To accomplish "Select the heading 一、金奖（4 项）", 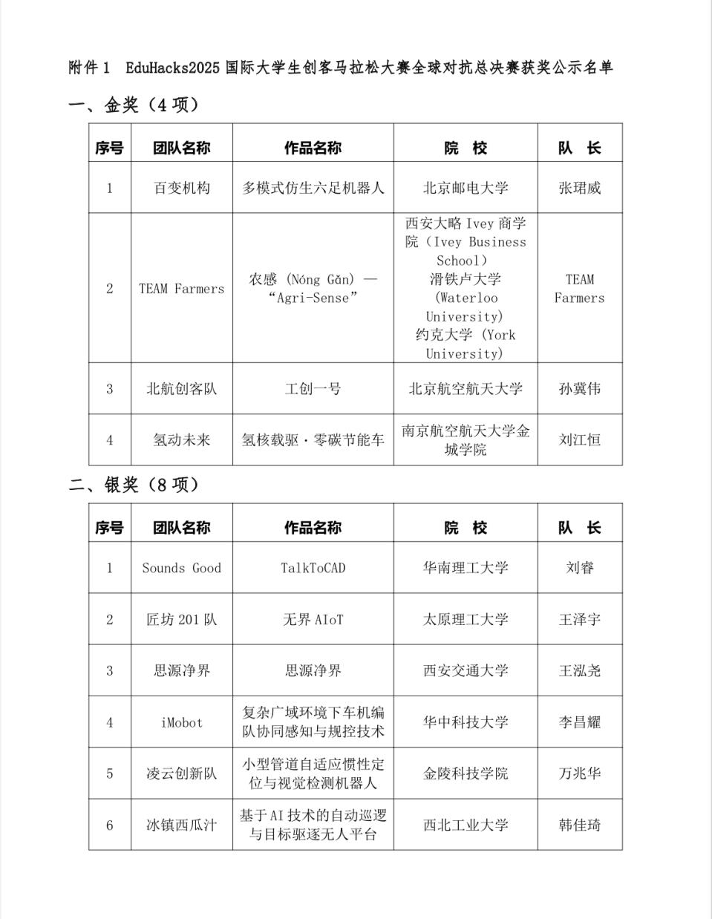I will click(x=134, y=105).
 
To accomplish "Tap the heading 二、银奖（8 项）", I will click(x=134, y=485).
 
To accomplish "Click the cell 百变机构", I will click(x=182, y=188).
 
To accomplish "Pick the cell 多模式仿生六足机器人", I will click(x=313, y=188).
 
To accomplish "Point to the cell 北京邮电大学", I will click(x=466, y=188).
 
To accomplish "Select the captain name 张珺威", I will click(x=579, y=188).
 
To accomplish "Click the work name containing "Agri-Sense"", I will click(x=313, y=298).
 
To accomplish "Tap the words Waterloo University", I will click(x=466, y=307).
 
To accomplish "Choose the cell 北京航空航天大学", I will click(x=466, y=388).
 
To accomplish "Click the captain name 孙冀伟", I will click(x=579, y=388).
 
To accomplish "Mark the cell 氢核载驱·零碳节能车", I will click(x=313, y=439).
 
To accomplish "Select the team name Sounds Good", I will click(x=182, y=568).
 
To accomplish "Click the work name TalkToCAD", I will click(x=313, y=568).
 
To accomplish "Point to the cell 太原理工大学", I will click(x=466, y=619).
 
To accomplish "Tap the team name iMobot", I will click(x=182, y=722).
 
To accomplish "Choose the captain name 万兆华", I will click(x=579, y=774).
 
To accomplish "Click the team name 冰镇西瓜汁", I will click(x=182, y=825).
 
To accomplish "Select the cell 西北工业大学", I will click(x=466, y=825).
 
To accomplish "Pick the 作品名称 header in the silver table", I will click(x=313, y=528).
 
